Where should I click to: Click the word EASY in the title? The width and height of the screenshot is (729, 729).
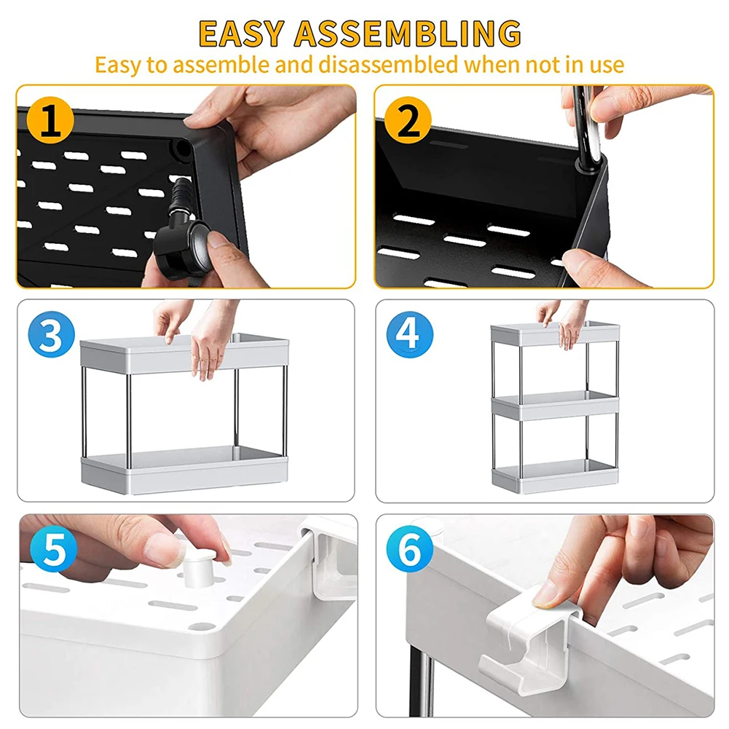[241, 34]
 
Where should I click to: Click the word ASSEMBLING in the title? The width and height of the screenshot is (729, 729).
[408, 34]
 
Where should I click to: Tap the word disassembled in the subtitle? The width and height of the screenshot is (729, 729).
[388, 64]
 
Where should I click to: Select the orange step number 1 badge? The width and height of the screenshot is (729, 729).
[50, 120]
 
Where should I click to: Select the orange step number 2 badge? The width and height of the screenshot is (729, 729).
[409, 120]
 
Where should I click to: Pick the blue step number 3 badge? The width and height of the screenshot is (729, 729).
[51, 334]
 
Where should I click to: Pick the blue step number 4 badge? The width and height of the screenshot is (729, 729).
[409, 334]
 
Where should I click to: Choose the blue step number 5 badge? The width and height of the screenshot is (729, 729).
[54, 549]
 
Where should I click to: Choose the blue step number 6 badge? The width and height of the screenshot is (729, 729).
[409, 549]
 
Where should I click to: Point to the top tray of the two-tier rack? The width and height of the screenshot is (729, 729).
[184, 353]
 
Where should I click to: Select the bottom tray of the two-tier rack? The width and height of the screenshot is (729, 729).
[184, 470]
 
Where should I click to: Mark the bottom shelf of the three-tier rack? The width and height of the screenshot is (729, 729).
[555, 476]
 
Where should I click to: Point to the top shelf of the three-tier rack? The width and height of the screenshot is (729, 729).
[555, 334]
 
